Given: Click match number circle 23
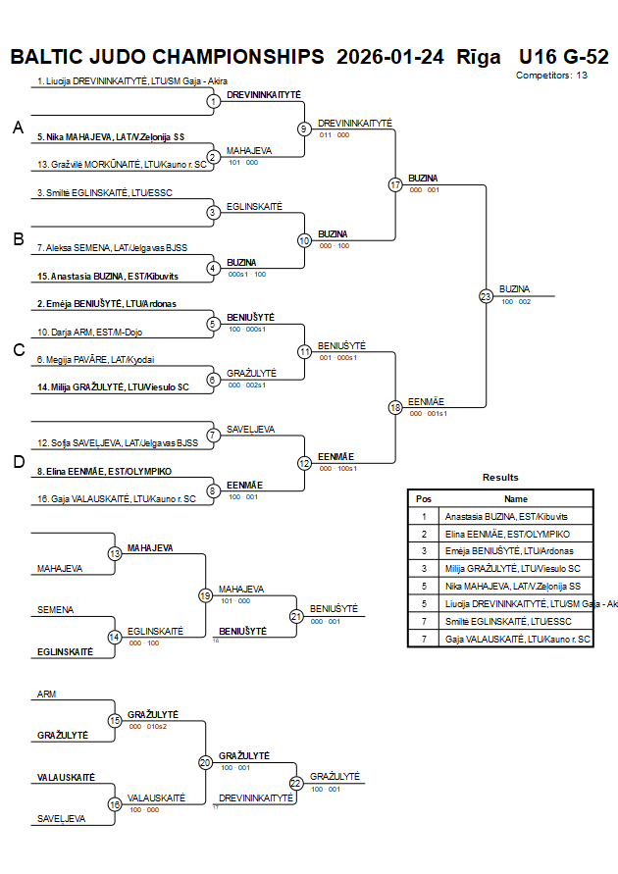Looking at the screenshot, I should tap(486, 295).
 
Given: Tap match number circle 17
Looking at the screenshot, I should tap(395, 184).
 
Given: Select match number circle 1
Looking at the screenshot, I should tap(213, 101).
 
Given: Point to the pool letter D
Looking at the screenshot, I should tap(17, 461).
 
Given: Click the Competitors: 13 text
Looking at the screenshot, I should tap(551, 75).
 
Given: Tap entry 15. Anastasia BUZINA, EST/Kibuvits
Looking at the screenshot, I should tap(108, 277).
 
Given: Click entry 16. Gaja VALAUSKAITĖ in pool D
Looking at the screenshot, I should tap(116, 498).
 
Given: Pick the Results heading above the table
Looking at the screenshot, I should tap(500, 478).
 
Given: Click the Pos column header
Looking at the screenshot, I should tap(424, 498).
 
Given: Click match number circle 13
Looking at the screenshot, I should tap(115, 554).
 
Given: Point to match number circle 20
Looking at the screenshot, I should tap(205, 762).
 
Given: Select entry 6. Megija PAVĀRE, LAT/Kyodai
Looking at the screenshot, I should tap(95, 360).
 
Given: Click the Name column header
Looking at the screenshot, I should tap(516, 498).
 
